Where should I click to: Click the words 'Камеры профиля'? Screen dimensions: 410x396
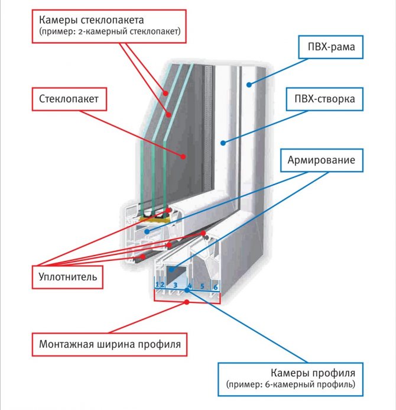[313, 373]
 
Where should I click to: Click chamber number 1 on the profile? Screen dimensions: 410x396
[157, 286]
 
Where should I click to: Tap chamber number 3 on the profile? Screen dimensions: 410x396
[175, 286]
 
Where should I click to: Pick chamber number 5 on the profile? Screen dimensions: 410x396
[202, 286]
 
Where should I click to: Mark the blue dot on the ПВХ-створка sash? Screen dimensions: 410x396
[222, 141]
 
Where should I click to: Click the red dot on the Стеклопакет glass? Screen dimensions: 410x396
[184, 157]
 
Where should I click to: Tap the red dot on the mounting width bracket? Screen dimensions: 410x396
[187, 302]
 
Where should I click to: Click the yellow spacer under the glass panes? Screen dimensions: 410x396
[155, 220]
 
